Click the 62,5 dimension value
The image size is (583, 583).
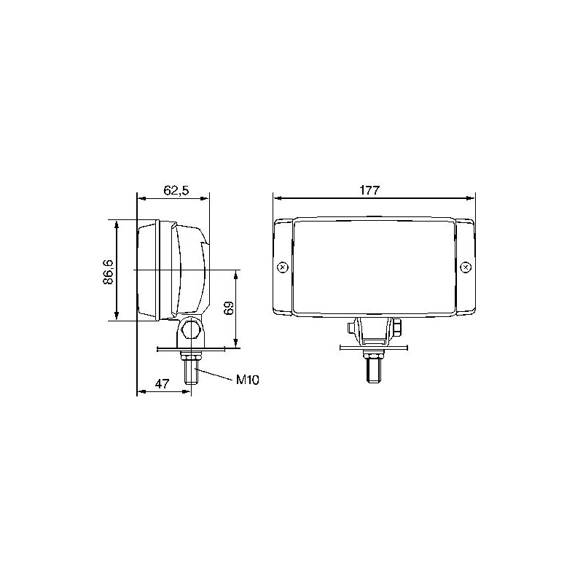click(x=176, y=190)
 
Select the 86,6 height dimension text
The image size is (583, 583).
click(x=108, y=272)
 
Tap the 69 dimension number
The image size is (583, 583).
click(x=229, y=308)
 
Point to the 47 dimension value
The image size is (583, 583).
click(x=162, y=383)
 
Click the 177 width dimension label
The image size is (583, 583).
click(x=369, y=190)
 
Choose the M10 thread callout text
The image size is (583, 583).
click(x=247, y=380)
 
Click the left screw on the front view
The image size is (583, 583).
click(x=283, y=267)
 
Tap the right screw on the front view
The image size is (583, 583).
click(x=466, y=267)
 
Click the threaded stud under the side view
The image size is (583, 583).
click(x=191, y=372)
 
